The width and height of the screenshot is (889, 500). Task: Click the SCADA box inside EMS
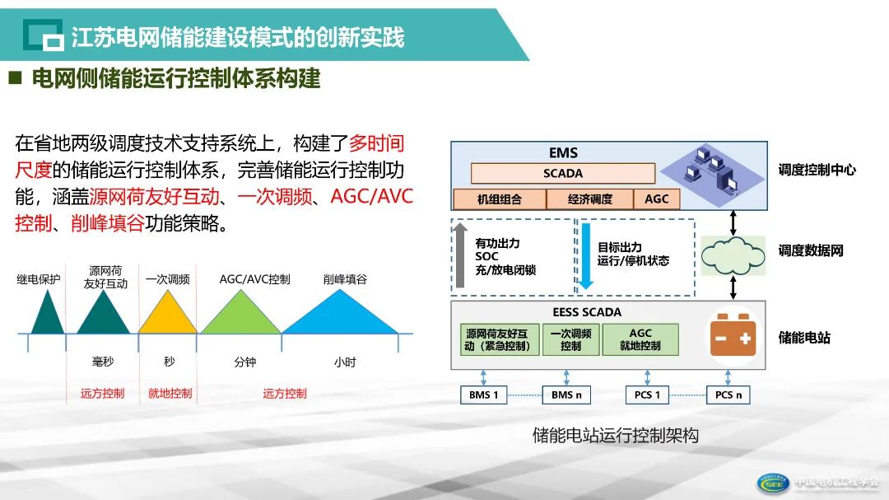563,174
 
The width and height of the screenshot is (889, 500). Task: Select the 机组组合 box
500,199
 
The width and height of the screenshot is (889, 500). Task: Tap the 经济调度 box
590,199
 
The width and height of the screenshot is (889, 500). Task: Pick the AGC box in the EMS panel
657,199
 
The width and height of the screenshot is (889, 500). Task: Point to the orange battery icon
733,339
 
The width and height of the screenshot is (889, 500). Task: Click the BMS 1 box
484,395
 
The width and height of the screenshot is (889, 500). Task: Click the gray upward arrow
461,255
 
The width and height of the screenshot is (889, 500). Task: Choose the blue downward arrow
585,255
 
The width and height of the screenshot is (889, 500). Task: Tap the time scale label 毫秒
103,362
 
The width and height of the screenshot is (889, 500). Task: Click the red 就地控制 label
170,394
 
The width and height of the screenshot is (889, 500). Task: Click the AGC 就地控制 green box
640,339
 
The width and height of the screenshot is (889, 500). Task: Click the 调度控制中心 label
817,170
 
